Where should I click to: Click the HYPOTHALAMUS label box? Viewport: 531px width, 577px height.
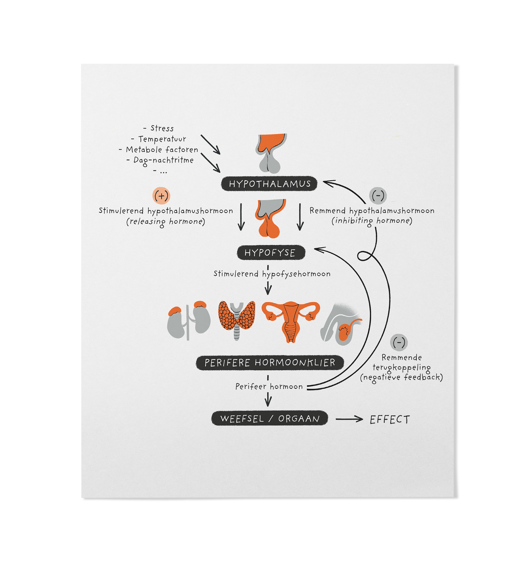pos(269,184)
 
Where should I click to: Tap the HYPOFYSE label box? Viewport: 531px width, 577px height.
pos(271,253)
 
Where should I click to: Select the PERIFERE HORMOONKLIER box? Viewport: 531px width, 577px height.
pos(270,363)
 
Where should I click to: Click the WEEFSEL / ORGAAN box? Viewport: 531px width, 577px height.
pos(270,419)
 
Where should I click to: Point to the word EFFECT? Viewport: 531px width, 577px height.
pos(389,420)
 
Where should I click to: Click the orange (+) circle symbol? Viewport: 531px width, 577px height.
pos(161,196)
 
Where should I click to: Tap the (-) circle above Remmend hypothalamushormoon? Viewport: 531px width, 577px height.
pos(378,196)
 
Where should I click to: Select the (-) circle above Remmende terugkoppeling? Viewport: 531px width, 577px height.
pos(399,342)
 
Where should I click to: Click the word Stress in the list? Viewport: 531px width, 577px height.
pos(162,128)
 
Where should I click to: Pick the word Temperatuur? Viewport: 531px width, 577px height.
pos(162,139)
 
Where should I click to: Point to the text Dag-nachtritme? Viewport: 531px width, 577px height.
pos(163,160)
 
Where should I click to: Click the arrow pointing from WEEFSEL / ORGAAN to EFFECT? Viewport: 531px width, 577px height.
pos(349,419)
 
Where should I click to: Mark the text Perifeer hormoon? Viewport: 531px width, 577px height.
pos(269,386)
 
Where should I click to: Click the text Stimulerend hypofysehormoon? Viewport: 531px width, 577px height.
pos(272,274)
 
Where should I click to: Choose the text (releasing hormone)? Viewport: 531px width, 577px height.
pos(166,222)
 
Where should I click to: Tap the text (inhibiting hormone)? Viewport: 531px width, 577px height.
pos(372,221)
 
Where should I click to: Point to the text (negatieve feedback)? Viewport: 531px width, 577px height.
pos(401,377)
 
